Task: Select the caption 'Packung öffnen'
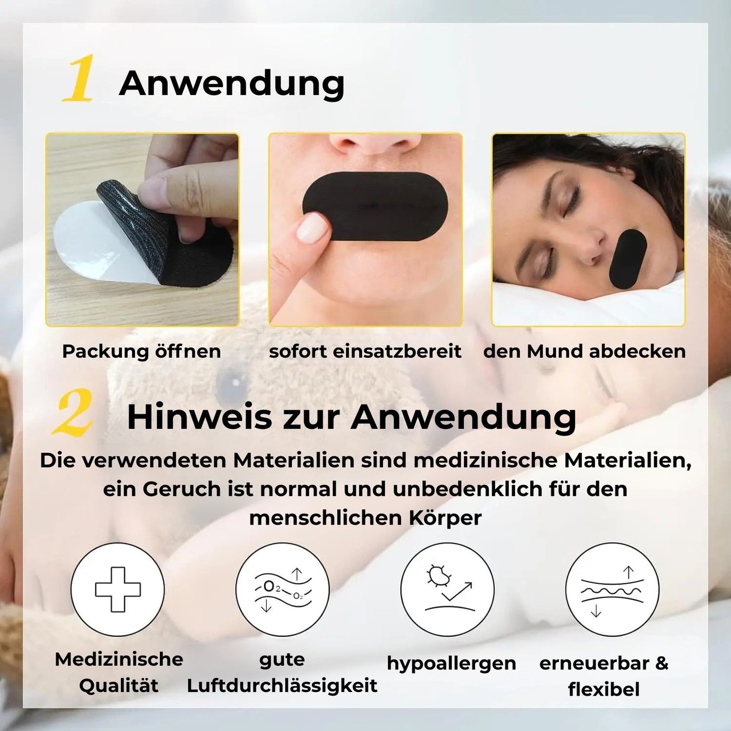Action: point(141,351)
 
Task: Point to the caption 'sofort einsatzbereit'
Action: point(365,351)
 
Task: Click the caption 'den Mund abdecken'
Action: point(584,351)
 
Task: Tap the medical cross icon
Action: point(117,589)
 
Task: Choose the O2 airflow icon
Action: point(282,589)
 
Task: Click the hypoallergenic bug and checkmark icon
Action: point(447,589)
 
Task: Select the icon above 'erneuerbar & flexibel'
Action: point(612,589)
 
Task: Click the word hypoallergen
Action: point(451,663)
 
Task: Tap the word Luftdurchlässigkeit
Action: point(282,685)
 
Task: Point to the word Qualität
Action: point(119,685)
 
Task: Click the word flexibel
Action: point(604,689)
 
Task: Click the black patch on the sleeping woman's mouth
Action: point(628,259)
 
